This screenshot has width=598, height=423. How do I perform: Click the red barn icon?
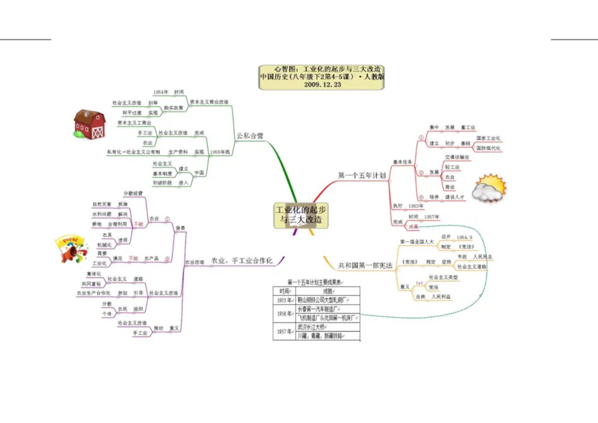point(89,124)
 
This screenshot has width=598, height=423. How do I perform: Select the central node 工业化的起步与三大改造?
point(301,215)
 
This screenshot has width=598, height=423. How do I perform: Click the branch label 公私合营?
point(250,136)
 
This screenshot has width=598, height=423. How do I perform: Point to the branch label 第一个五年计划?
point(362,176)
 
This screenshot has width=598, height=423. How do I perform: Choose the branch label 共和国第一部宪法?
point(366,265)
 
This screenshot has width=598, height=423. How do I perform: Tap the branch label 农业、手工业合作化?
point(241,261)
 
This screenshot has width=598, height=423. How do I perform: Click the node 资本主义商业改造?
point(209,102)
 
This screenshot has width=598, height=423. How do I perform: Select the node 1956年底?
point(220,152)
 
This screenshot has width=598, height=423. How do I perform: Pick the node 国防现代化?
point(488,148)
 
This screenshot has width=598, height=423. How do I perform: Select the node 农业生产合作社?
point(93,293)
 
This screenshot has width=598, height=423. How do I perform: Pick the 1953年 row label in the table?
point(284,300)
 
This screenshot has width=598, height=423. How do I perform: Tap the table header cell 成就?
point(327,291)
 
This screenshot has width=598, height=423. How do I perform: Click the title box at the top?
point(322,76)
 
